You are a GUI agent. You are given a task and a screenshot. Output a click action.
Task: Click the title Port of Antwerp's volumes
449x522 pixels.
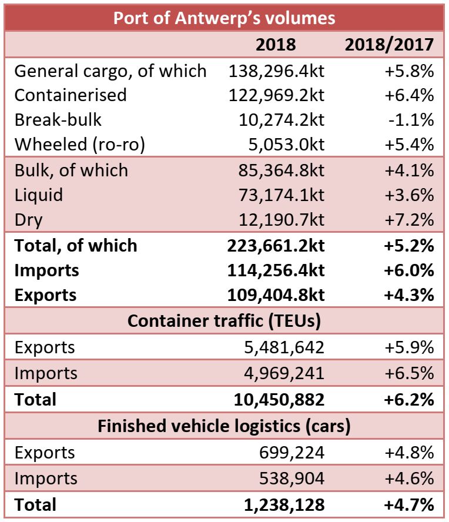[224, 18]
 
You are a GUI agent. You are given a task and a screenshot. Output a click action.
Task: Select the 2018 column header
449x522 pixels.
[276, 45]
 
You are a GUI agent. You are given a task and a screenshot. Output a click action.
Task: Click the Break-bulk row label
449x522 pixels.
[58, 120]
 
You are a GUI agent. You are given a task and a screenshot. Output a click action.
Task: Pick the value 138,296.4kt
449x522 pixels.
[276, 71]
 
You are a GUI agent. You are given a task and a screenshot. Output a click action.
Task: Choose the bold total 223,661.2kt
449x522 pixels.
[276, 245]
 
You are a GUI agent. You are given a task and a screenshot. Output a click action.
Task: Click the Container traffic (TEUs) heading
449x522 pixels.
[224, 321]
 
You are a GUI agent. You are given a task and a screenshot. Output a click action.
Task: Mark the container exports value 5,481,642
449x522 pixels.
[284, 347]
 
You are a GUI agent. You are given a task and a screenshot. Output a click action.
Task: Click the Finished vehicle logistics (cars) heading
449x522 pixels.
[224, 426]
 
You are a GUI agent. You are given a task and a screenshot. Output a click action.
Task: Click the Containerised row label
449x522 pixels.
[70, 95]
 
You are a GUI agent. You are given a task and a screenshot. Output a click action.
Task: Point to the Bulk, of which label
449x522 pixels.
[71, 170]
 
